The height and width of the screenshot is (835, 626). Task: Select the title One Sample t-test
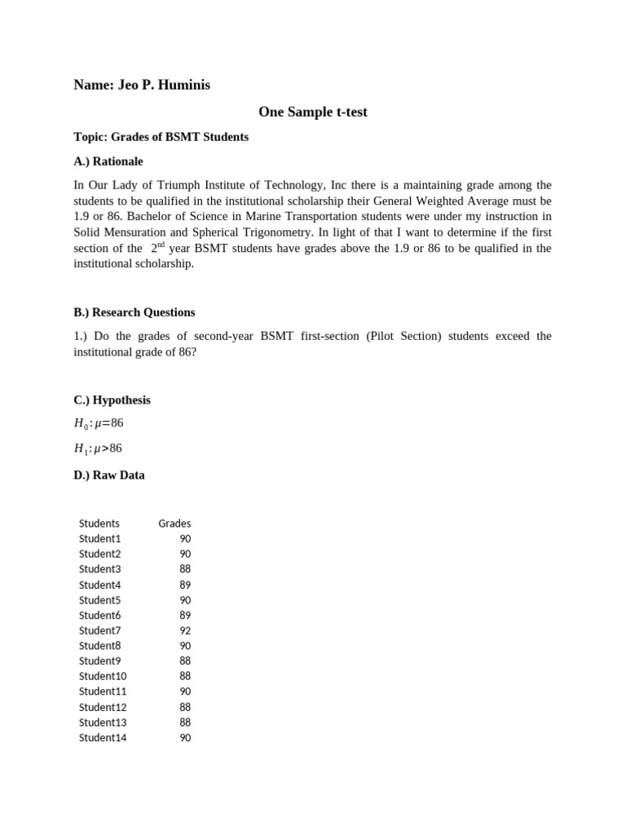coord(312,112)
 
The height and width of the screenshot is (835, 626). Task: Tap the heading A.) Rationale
coord(108,161)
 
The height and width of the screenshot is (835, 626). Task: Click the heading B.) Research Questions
coord(134,312)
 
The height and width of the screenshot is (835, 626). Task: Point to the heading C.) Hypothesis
coord(112,400)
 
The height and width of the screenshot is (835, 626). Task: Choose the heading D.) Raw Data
coord(108,475)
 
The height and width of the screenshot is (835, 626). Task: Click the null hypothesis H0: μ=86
coord(99,422)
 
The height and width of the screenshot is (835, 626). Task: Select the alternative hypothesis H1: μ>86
coord(99,448)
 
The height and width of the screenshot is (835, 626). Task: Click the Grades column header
coord(174,524)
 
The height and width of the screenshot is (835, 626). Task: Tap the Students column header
coord(99,524)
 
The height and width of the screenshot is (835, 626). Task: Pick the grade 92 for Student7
coord(185,630)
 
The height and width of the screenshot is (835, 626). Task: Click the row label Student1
coord(99,539)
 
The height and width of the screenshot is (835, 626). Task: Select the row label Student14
coord(103,738)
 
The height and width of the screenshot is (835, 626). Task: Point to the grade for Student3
coord(185,569)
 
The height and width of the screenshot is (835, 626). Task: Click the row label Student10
coord(103,676)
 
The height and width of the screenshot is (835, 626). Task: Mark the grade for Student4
coord(185,585)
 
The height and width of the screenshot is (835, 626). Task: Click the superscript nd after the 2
coord(161,245)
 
